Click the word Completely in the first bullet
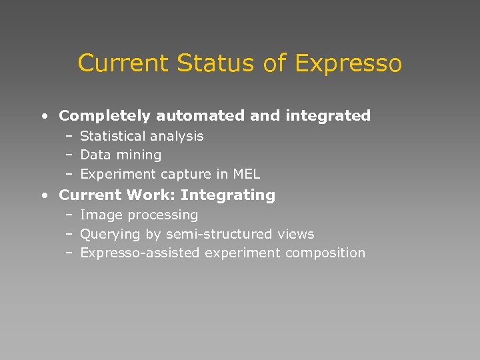point(105,116)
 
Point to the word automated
point(201,116)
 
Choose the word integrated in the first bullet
point(328,116)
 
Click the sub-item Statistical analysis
point(141,136)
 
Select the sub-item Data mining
point(121,155)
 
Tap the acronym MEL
point(246,174)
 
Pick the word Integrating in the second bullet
point(227,195)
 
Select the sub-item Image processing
point(139,215)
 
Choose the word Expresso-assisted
point(139,253)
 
